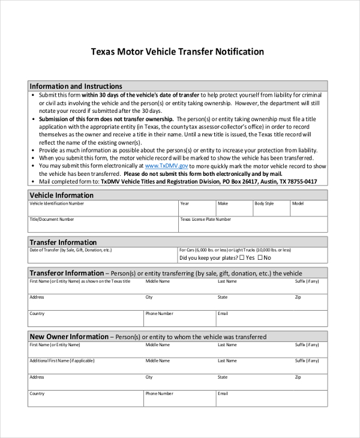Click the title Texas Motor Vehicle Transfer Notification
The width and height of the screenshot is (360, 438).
coord(177,52)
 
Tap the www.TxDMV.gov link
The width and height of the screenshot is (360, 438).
coord(166,166)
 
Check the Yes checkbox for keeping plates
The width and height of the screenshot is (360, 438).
coord(242,258)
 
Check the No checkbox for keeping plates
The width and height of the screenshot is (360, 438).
coord(260,258)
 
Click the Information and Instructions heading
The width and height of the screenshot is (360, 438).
coord(76,86)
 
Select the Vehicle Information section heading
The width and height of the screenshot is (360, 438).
coord(61,195)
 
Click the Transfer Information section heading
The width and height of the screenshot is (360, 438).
coord(63,242)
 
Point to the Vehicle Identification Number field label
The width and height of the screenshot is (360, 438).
coord(57,204)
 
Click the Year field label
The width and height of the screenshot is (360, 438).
coord(185,204)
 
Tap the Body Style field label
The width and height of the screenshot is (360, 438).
coord(264,204)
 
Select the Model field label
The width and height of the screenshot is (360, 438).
coord(298,204)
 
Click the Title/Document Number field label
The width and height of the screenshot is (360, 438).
coord(52,220)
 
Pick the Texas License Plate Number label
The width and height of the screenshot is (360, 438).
coord(205,220)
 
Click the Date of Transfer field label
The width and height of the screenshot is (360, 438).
coord(70,250)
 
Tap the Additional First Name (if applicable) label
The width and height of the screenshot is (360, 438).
coord(62,361)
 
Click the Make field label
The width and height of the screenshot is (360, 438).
coord(223,204)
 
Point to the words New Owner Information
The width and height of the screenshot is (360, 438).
coord(69,337)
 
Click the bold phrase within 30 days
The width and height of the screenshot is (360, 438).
coord(102,95)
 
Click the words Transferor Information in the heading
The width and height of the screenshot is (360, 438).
coord(67,273)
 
